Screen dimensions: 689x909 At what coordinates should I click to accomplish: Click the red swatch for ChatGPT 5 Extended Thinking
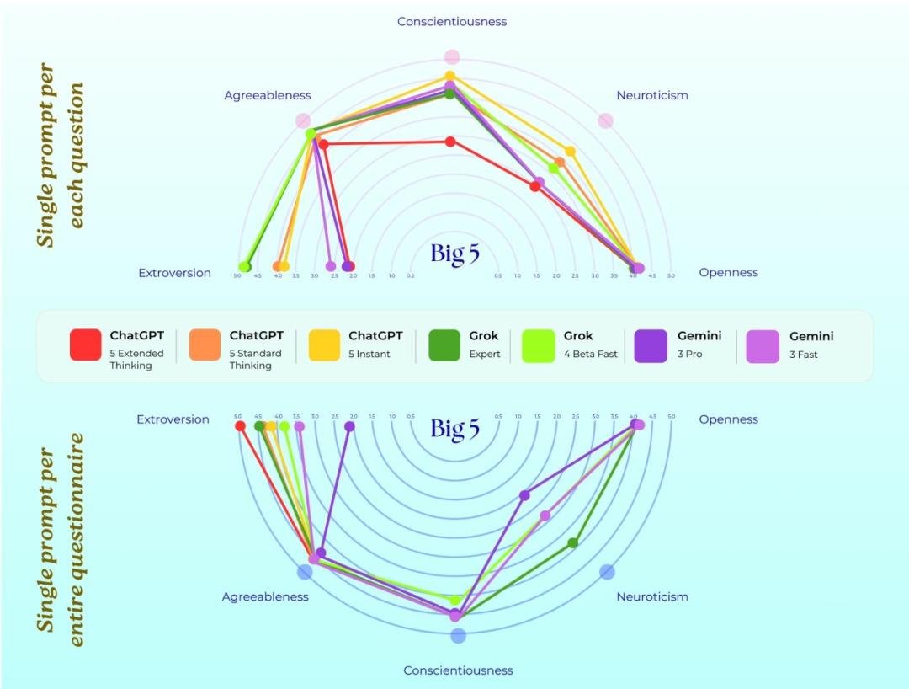(86, 344)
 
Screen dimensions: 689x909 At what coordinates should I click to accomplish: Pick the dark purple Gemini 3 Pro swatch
(652, 344)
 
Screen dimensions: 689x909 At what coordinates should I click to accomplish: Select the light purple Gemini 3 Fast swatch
(763, 344)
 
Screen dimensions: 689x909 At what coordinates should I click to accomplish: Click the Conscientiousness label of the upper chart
(452, 21)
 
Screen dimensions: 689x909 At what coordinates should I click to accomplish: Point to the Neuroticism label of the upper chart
(652, 95)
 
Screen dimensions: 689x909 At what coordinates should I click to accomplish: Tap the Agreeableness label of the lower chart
(265, 596)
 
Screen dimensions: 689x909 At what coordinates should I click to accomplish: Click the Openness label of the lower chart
(728, 419)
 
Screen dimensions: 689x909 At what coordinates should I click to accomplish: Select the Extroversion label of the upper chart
(174, 273)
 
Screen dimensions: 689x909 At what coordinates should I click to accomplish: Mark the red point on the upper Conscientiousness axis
(450, 142)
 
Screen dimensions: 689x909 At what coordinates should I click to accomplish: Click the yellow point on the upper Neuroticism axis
(570, 152)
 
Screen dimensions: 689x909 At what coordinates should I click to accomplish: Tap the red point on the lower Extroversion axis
(240, 426)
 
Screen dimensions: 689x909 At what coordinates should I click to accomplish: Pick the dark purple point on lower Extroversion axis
(349, 426)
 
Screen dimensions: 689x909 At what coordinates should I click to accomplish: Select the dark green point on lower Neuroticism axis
(573, 543)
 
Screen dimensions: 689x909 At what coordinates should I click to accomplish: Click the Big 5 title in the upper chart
(454, 254)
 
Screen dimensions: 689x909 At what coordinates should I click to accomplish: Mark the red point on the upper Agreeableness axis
(323, 145)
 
